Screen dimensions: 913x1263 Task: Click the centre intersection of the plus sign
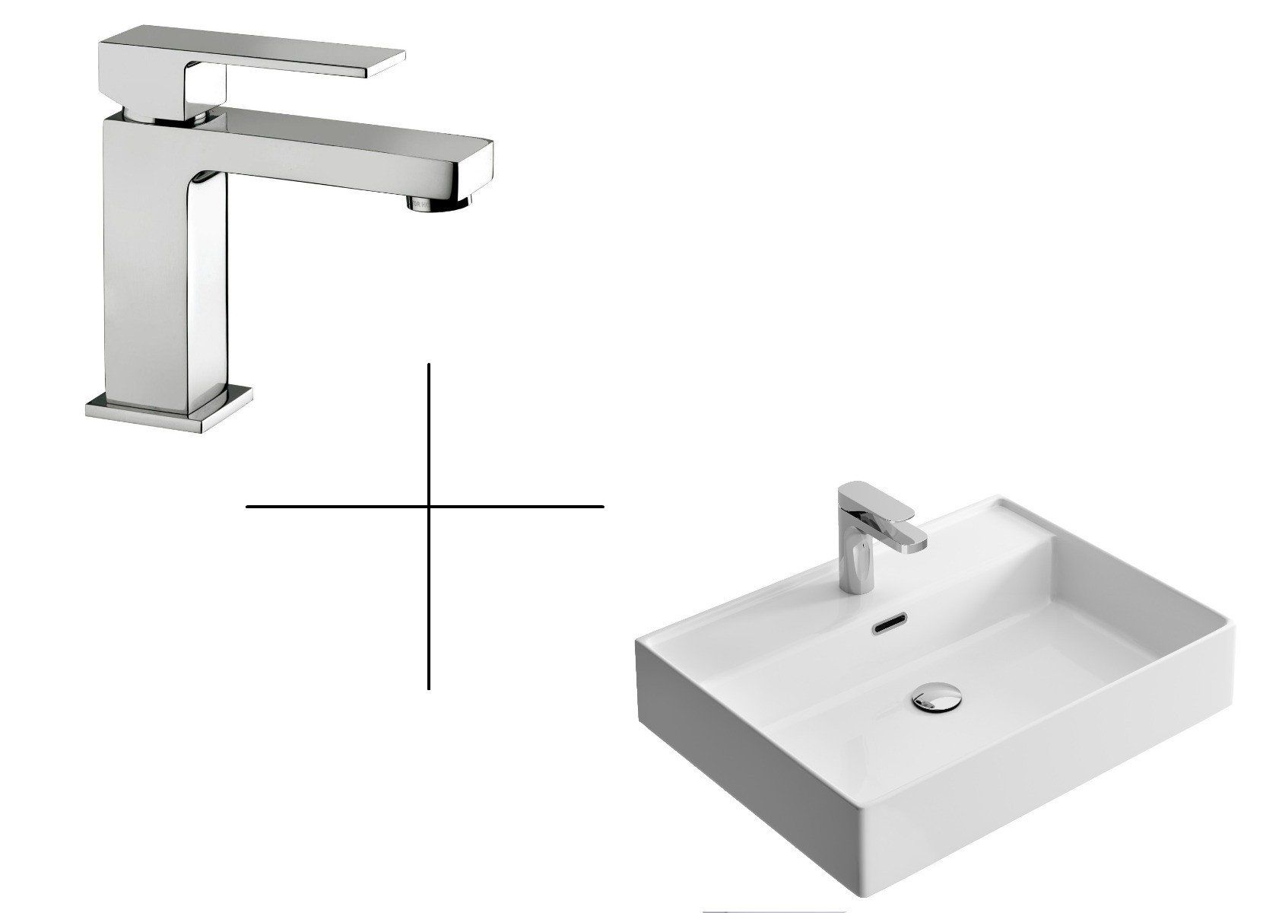(x=430, y=505)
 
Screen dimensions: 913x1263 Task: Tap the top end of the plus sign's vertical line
(x=430, y=365)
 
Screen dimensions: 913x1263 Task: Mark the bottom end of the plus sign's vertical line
(x=430, y=689)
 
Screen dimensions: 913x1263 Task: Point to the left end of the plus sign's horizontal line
(x=248, y=505)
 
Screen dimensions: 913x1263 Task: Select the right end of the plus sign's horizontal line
(x=603, y=505)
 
